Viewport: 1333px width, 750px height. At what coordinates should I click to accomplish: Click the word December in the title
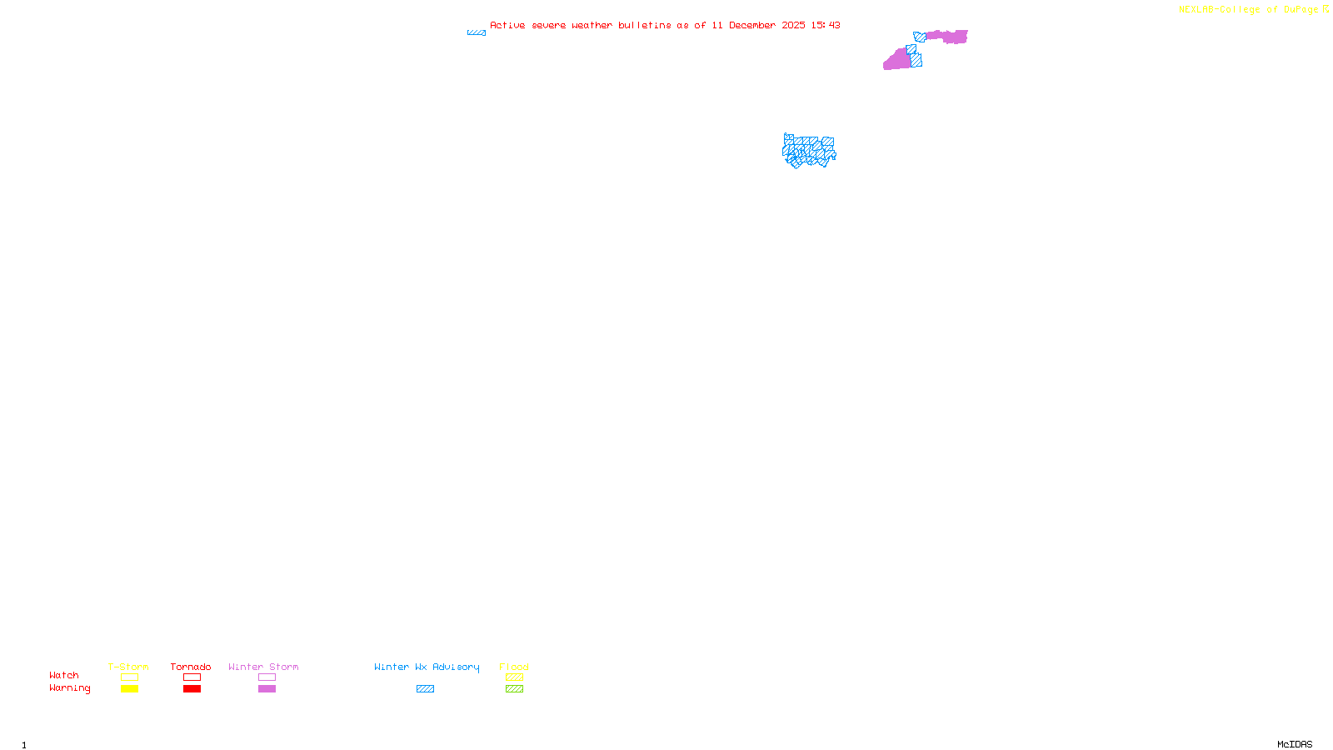point(752,26)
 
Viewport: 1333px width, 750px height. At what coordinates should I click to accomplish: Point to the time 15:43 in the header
point(826,26)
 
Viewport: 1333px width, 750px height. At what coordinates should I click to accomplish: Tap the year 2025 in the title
point(793,26)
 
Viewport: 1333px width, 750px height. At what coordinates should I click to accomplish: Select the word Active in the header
point(507,26)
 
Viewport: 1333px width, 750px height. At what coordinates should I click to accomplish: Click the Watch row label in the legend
point(64,676)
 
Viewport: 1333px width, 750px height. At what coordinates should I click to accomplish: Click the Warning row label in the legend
point(70,688)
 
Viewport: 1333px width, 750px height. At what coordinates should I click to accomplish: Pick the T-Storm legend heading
point(128,667)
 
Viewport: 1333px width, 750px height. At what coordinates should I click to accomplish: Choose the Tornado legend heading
point(191,667)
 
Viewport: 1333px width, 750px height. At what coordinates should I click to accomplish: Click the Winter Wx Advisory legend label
point(427,667)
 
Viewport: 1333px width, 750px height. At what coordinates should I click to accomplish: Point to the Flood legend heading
point(514,667)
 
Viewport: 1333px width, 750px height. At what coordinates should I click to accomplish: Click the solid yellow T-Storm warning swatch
point(129,689)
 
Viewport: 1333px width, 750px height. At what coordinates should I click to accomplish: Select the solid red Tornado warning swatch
point(192,689)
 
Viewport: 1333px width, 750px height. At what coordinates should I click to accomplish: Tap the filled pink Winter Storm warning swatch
point(267,689)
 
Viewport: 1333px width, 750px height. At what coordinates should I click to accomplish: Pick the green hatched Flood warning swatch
point(514,689)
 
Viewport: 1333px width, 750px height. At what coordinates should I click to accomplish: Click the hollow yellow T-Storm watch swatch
point(129,677)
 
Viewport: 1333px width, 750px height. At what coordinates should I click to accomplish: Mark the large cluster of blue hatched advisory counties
point(808,151)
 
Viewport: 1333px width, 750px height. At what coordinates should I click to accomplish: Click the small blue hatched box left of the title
point(477,32)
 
